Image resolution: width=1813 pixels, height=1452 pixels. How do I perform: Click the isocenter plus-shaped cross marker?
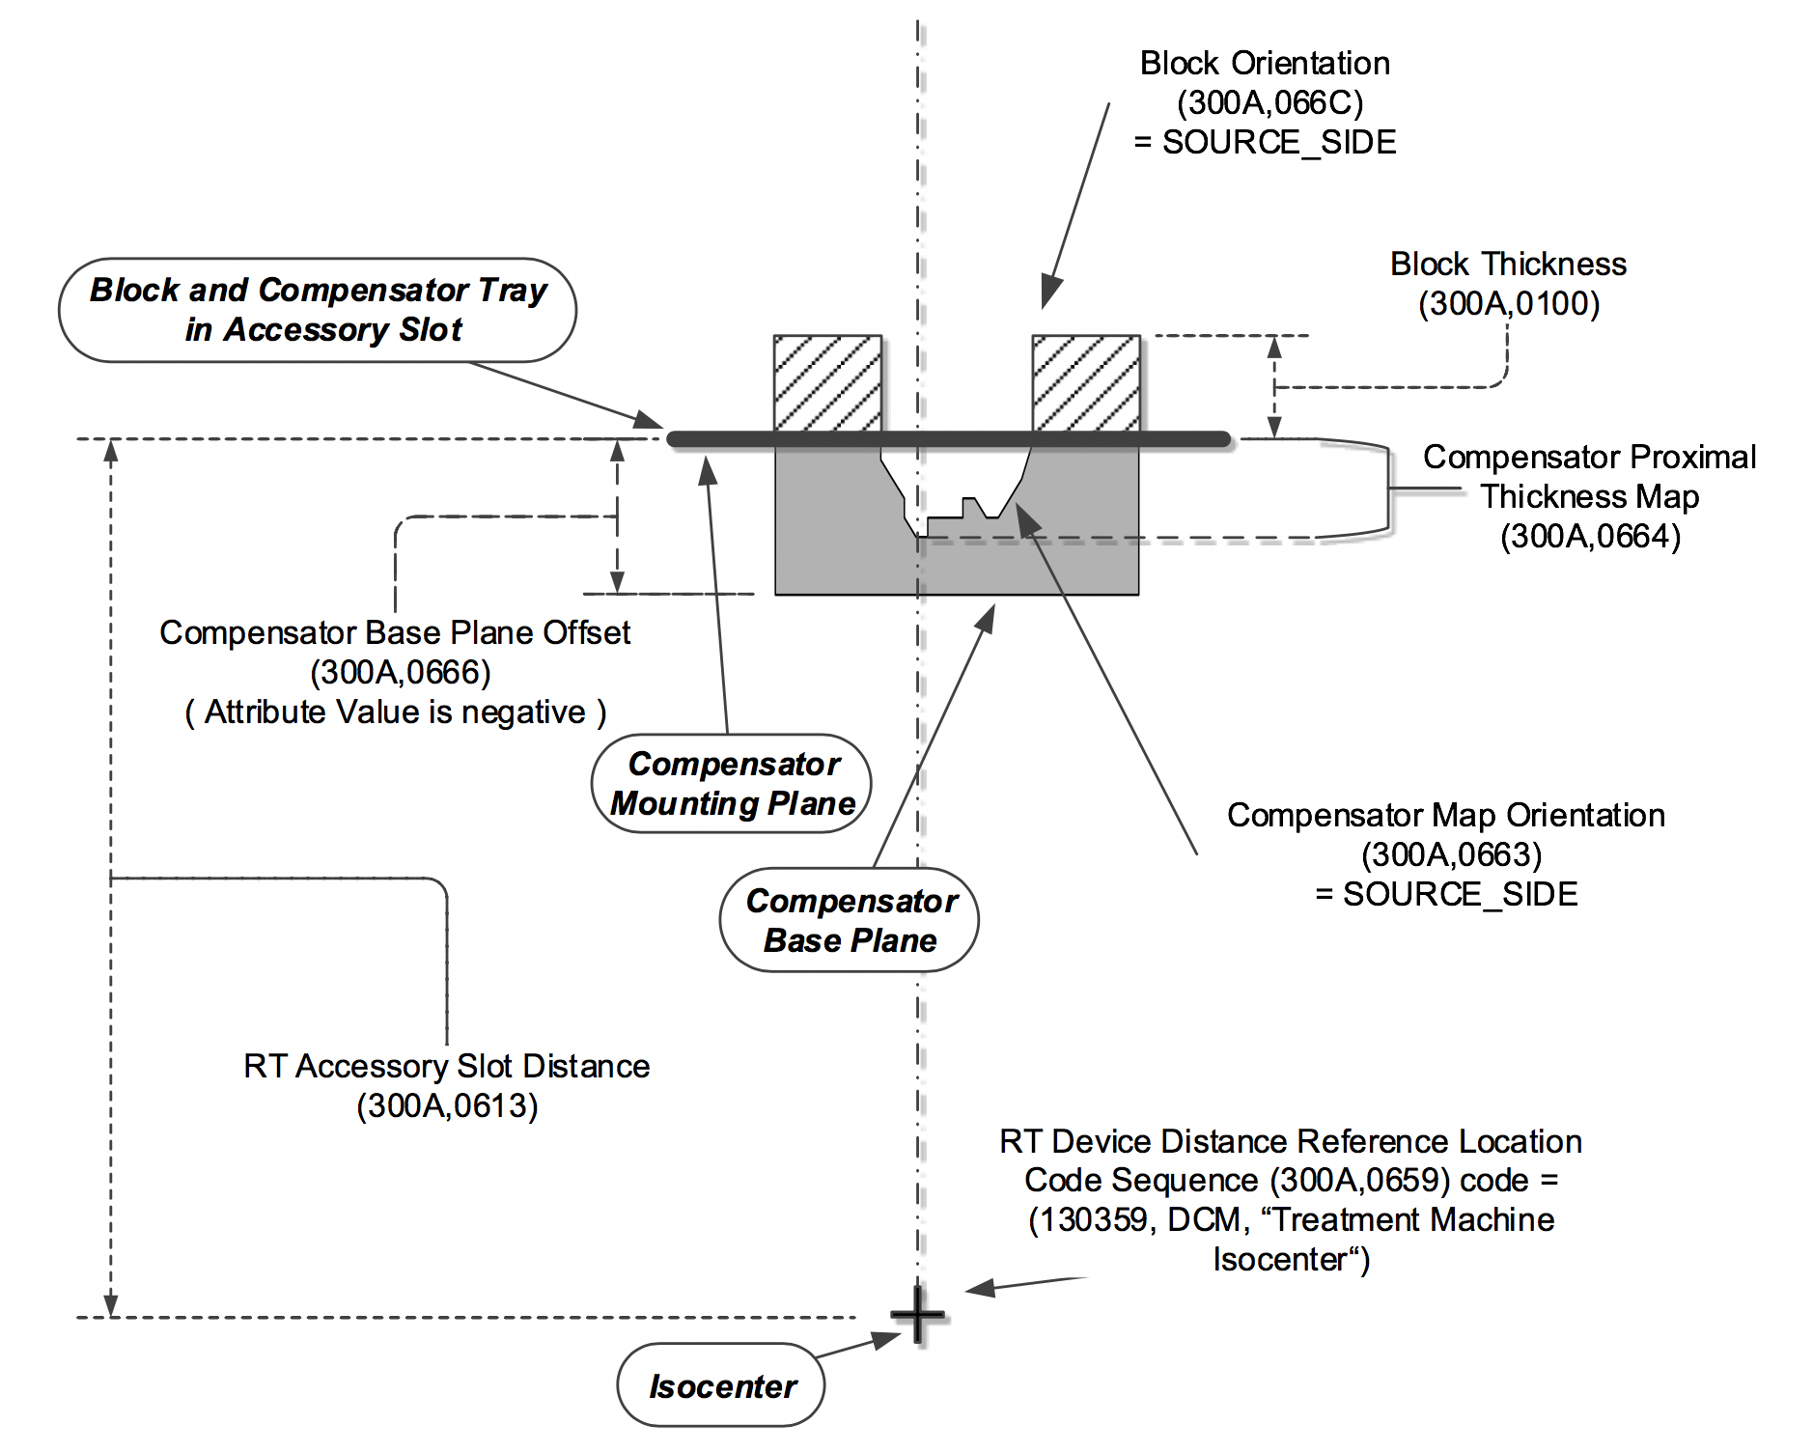tap(917, 1315)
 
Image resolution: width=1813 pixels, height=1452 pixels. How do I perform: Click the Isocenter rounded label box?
tap(721, 1385)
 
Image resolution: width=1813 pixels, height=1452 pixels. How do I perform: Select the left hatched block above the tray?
tap(827, 382)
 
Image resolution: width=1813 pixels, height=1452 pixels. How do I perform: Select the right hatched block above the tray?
tap(1086, 382)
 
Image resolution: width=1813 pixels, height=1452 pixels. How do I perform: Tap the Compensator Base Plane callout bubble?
tap(850, 920)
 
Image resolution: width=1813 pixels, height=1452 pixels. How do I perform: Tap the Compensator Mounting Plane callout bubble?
tap(732, 783)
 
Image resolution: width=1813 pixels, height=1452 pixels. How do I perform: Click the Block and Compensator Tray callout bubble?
tap(319, 310)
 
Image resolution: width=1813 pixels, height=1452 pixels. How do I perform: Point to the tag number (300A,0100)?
tap(1508, 303)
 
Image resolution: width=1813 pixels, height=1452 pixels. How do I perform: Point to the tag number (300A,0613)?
tap(447, 1105)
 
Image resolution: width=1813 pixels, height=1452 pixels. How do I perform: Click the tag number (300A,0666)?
tap(400, 672)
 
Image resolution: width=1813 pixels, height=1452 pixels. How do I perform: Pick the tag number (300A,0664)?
tap(1589, 536)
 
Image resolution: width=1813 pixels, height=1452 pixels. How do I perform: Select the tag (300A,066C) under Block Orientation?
tap(1269, 102)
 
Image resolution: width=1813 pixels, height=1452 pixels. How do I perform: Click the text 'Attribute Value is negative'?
tap(395, 712)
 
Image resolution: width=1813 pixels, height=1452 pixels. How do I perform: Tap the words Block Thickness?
tap(1507, 264)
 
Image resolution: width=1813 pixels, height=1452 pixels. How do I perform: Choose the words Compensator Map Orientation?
tap(1445, 815)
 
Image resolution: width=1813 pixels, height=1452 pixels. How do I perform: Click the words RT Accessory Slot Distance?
tap(446, 1066)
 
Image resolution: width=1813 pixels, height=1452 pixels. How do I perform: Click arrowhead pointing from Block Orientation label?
tap(1049, 293)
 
